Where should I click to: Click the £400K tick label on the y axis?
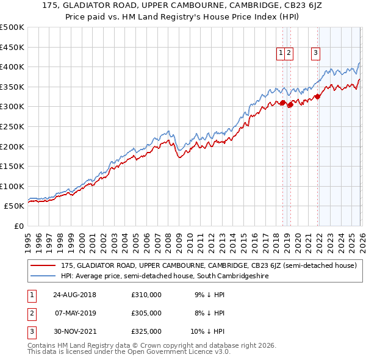tap(12, 67)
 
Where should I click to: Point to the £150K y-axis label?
tap(12, 166)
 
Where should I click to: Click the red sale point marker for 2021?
tap(318, 96)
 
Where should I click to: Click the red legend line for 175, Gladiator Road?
tap(43, 265)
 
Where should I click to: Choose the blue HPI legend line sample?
tap(43, 276)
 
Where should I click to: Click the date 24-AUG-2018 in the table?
tap(74, 295)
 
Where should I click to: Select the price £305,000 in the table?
tap(146, 313)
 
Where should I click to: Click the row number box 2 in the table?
tap(31, 313)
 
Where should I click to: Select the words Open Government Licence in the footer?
tap(180, 353)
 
